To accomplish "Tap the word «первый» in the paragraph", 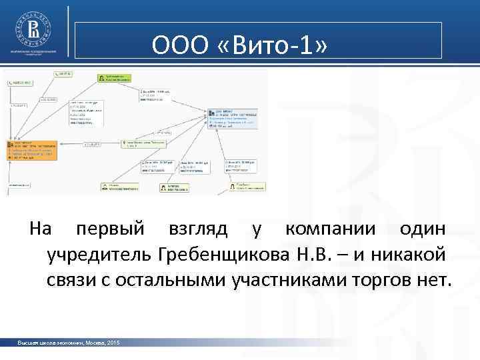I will [x=110, y=229].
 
